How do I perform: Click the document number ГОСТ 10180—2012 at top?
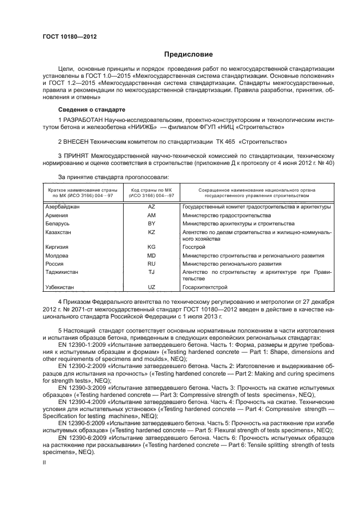(x=69, y=36)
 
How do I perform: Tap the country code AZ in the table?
(x=151, y=207)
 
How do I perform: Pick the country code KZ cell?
(x=151, y=232)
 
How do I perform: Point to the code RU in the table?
(x=151, y=263)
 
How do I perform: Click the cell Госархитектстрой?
(x=205, y=287)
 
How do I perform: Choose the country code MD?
(x=151, y=255)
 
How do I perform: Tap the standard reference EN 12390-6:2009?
(x=83, y=437)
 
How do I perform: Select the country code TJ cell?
(x=151, y=271)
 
